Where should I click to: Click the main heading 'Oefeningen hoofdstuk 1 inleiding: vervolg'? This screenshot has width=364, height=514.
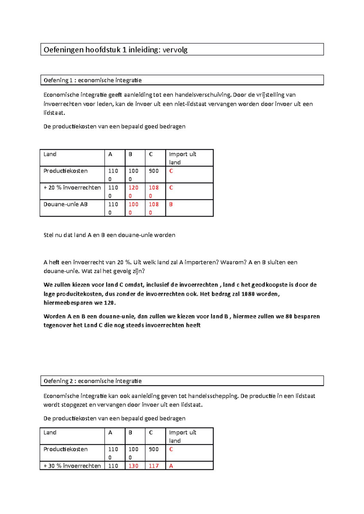[116, 50]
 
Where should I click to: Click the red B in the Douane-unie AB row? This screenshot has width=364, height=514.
[171, 204]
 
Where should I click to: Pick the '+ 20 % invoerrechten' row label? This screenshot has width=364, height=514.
[72, 188]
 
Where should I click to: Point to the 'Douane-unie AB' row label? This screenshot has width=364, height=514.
[66, 204]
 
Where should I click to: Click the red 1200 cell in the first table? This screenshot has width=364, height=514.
[133, 191]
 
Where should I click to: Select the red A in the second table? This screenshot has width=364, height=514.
[171, 466]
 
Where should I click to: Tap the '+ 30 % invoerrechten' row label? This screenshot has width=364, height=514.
[72, 466]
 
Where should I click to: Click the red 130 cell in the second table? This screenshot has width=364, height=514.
[133, 466]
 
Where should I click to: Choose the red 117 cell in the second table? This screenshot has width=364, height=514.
[154, 466]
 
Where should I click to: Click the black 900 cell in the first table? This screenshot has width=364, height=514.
[154, 171]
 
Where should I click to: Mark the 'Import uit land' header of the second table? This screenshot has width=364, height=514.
[182, 436]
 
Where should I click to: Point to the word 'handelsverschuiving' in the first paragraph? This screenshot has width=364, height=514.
[203, 95]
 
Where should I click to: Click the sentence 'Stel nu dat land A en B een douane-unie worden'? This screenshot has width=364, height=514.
[109, 235]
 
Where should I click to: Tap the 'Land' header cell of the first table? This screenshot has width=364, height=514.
[50, 154]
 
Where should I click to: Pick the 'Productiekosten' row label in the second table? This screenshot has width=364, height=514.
[66, 449]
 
